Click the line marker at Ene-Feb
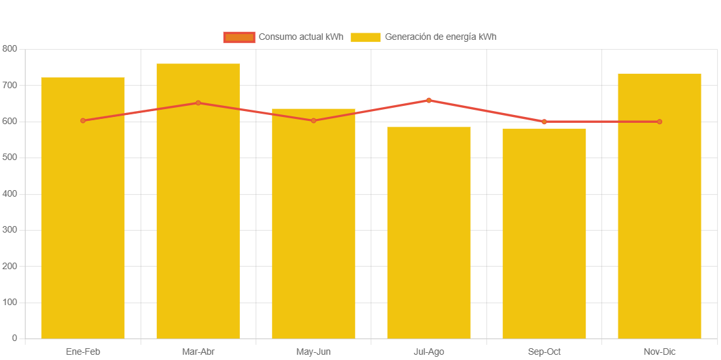[x=83, y=121]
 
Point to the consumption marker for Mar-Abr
[x=198, y=103]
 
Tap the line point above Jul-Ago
[x=429, y=100]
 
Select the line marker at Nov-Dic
[x=660, y=122]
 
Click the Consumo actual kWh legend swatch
[x=239, y=37]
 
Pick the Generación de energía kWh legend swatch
[x=365, y=37]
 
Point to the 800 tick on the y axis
[x=10, y=49]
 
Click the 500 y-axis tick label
[x=10, y=157]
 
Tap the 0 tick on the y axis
[x=14, y=338]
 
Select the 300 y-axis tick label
[x=10, y=230]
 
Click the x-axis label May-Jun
[x=314, y=352]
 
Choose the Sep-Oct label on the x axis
[x=545, y=352]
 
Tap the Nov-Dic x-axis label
[x=660, y=352]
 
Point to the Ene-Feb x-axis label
[x=83, y=352]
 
